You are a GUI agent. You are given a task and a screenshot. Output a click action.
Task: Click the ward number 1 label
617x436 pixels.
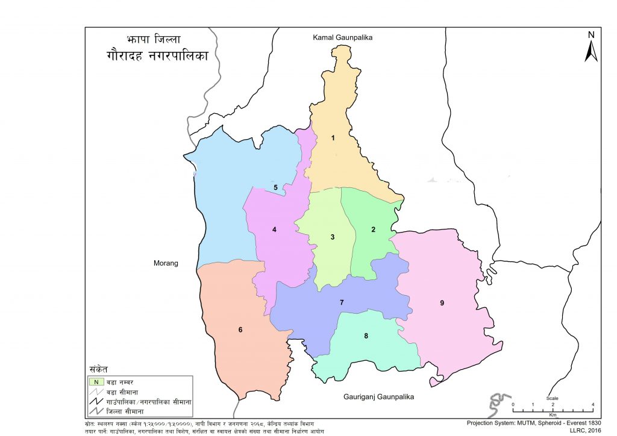(333, 138)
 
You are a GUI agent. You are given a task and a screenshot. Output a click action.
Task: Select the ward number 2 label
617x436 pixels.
(374, 229)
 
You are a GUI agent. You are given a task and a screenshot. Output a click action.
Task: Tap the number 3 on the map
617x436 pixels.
(333, 237)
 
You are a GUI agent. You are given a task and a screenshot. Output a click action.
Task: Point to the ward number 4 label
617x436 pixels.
(274, 229)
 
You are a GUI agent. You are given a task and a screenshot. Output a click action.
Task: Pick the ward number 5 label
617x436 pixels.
(275, 188)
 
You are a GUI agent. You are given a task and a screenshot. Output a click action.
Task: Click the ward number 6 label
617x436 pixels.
(240, 329)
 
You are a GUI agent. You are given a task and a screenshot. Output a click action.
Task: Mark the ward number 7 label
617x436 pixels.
(342, 302)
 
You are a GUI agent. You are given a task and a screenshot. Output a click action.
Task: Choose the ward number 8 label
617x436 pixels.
(366, 336)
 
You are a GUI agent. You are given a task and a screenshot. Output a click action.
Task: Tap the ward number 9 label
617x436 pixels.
(442, 303)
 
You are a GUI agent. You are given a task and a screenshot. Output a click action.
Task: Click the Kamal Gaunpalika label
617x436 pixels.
(343, 37)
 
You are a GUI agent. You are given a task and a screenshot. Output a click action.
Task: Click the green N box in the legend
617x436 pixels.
(94, 381)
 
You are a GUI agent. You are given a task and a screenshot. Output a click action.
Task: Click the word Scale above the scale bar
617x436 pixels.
(553, 398)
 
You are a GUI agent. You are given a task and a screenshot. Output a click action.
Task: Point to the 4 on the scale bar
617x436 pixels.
(593, 404)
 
